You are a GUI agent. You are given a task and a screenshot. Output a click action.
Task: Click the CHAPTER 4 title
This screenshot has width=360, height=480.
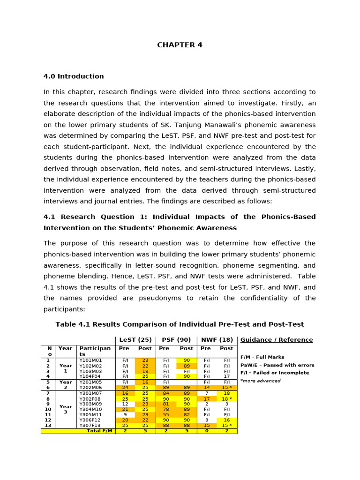[x=180, y=45]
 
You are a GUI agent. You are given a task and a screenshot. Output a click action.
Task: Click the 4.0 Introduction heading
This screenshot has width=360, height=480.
[x=74, y=76]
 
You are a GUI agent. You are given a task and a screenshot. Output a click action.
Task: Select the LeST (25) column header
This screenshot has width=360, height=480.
[x=135, y=340]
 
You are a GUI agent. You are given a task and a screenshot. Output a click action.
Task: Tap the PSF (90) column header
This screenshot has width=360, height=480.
[x=176, y=340]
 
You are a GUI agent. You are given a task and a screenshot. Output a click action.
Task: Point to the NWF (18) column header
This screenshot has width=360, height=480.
[x=217, y=340]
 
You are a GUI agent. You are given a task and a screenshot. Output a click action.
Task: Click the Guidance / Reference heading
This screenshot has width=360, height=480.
[x=277, y=340]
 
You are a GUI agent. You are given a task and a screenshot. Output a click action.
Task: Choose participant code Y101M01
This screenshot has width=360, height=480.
[x=90, y=360]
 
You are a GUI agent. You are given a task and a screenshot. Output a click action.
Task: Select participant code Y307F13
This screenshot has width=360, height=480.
[x=90, y=425]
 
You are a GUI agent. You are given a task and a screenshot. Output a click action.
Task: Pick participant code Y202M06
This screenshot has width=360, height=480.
[x=90, y=388]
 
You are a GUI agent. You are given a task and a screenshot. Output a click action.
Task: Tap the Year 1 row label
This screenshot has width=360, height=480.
[x=66, y=368]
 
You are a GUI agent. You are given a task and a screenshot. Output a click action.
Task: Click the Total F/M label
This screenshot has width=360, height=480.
[x=100, y=431]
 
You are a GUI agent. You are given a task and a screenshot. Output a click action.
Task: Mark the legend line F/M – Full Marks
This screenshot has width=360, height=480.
[x=262, y=357]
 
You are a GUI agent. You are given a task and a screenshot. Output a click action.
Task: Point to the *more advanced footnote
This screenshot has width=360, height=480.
[x=260, y=381]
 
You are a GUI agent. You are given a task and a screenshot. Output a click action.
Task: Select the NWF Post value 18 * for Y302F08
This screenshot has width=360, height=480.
[x=226, y=399]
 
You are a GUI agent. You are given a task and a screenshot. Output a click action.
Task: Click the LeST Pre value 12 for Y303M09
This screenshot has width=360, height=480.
[x=125, y=404]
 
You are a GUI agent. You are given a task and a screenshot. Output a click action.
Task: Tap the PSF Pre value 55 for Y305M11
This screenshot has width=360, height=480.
[x=165, y=415]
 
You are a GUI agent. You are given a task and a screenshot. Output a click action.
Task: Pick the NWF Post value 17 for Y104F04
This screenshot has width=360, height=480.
[x=226, y=376]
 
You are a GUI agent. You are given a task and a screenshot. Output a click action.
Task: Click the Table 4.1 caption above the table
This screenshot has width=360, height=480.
[x=180, y=324]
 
